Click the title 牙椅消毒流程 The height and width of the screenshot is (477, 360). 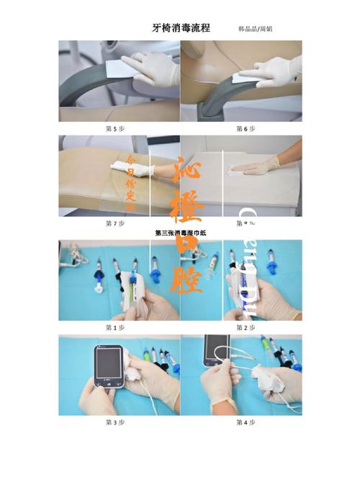point(181,28)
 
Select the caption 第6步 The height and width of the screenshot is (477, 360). point(246,128)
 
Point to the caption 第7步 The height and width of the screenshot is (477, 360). point(115,223)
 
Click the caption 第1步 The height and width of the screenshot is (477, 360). point(115,327)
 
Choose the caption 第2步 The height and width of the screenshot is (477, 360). point(246,327)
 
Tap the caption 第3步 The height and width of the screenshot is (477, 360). point(115,422)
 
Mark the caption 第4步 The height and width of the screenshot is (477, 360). point(246,422)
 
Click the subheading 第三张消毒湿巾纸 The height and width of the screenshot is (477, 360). point(180,233)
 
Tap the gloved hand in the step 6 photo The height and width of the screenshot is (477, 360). point(277,71)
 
